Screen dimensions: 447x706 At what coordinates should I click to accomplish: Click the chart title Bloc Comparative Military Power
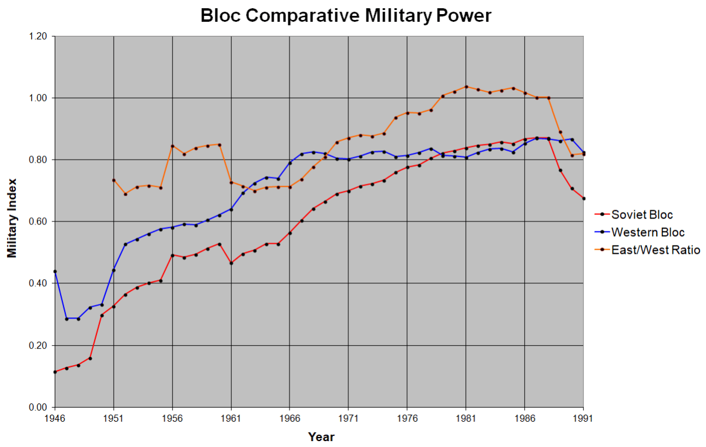(346, 15)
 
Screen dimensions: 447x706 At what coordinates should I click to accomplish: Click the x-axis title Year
(321, 437)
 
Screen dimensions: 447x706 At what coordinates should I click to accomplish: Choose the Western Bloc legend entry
(648, 232)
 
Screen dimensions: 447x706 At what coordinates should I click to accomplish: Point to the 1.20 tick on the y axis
(37, 36)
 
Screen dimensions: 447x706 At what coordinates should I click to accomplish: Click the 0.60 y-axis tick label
(37, 221)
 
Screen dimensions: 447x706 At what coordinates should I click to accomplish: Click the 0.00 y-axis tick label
(37, 408)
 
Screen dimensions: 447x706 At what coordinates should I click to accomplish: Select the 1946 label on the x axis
(54, 419)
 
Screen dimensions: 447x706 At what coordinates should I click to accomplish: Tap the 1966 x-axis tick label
(289, 419)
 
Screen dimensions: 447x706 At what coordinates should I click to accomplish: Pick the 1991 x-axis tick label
(583, 419)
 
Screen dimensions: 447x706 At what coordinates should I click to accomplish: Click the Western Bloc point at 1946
(55, 271)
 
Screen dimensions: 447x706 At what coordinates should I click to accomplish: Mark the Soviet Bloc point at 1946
(55, 372)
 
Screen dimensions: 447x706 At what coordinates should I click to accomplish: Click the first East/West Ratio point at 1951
(114, 180)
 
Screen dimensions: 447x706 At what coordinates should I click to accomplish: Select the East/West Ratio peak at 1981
(466, 87)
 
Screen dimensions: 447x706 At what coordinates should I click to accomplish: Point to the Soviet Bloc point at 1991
(584, 198)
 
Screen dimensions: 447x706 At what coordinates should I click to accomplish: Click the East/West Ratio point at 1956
(172, 146)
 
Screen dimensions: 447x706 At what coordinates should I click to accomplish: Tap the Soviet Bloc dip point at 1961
(231, 263)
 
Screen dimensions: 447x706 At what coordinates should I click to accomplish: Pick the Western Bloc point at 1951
(114, 270)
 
